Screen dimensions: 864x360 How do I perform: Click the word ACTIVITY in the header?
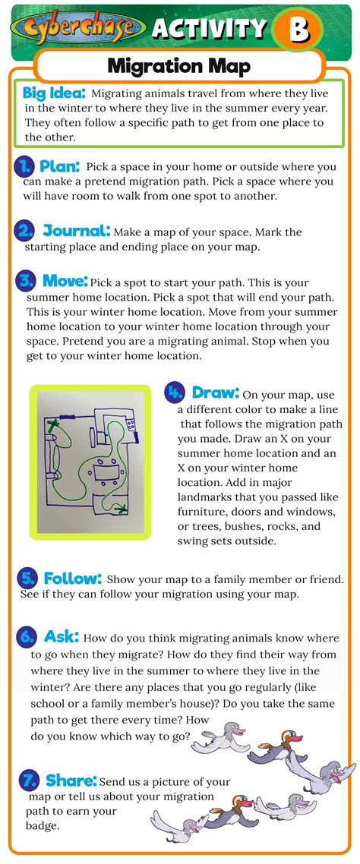(x=208, y=30)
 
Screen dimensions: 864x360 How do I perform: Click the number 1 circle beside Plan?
(x=25, y=166)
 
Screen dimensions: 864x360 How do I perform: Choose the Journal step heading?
(x=77, y=231)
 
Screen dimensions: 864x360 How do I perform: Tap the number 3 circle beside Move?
(x=26, y=281)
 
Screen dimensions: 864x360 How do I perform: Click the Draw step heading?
(x=216, y=393)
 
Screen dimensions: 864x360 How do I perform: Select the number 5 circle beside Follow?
(x=27, y=578)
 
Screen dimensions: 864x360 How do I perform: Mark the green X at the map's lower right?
(x=119, y=508)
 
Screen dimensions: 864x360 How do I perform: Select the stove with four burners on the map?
(x=130, y=421)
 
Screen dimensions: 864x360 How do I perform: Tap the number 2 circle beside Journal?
(x=26, y=231)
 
